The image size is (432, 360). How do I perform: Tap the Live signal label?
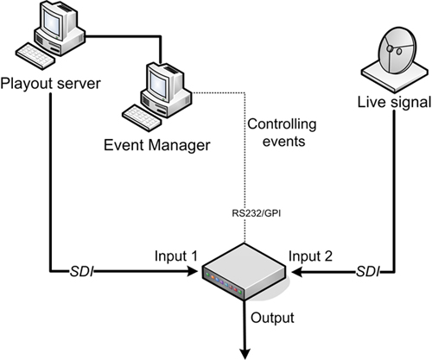(x=394, y=104)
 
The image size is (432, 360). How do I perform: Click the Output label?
(x=272, y=316)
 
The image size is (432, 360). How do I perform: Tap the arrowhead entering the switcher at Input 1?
(x=194, y=274)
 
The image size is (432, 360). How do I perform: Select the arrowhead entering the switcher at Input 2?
(x=297, y=274)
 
